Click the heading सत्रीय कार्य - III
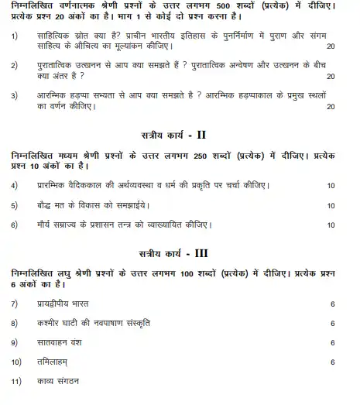coord(180,253)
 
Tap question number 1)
coord(15,36)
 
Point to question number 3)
coord(15,95)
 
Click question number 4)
coord(15,185)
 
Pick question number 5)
coord(15,205)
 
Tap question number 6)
coord(15,225)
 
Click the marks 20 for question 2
coord(331,77)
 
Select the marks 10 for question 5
coord(331,205)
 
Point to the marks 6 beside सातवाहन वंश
coord(332,342)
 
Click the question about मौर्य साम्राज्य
coord(124,225)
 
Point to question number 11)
coord(16,381)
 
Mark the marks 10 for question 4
coord(331,185)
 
